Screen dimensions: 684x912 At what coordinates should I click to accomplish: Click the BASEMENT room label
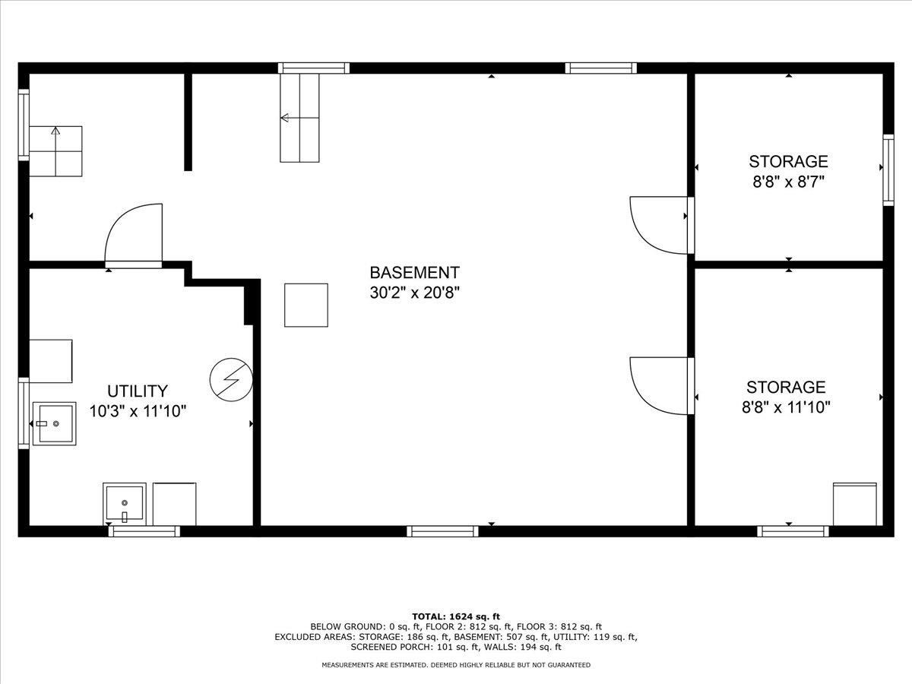point(414,273)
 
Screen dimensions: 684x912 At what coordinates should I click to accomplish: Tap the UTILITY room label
point(137,391)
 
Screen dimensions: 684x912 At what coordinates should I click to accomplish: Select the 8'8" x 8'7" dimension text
point(788,182)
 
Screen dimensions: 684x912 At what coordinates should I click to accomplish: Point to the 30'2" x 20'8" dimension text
point(414,293)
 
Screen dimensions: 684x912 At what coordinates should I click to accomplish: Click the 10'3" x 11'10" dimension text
point(137,411)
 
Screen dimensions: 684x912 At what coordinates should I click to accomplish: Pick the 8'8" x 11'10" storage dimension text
point(786,407)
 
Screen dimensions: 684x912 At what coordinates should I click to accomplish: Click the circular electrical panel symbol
point(230,378)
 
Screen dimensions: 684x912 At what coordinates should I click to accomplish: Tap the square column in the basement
point(306,305)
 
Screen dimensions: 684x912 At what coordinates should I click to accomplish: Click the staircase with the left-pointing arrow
point(299,118)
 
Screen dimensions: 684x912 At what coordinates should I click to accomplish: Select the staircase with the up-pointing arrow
point(55,151)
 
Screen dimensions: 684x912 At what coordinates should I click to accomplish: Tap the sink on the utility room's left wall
point(53,423)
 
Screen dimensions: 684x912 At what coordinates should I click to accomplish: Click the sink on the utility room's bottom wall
point(124,504)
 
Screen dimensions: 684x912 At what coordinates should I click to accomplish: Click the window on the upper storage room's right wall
point(888,169)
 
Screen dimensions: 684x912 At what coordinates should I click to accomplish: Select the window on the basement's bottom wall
point(442,531)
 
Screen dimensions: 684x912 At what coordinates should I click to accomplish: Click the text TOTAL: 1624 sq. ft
point(455,616)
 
